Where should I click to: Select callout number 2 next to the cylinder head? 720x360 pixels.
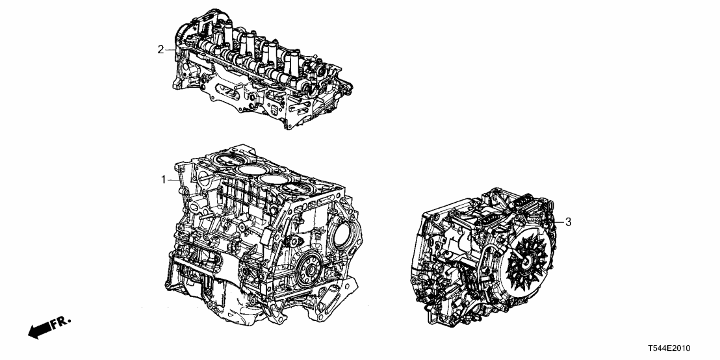pyautogui.click(x=161, y=49)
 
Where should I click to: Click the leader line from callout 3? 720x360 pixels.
pyautogui.click(x=558, y=223)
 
